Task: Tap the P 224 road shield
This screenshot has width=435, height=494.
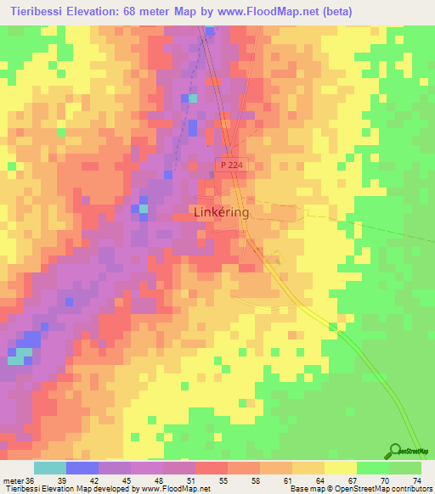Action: click(x=230, y=166)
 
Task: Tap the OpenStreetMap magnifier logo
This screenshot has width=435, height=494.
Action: click(x=395, y=452)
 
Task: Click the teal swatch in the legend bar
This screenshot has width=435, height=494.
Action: click(x=50, y=468)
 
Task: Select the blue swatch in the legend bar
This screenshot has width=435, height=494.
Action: click(x=82, y=468)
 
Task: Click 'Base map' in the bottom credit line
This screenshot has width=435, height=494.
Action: click(x=308, y=489)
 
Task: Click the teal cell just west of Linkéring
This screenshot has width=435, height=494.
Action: click(x=143, y=208)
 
